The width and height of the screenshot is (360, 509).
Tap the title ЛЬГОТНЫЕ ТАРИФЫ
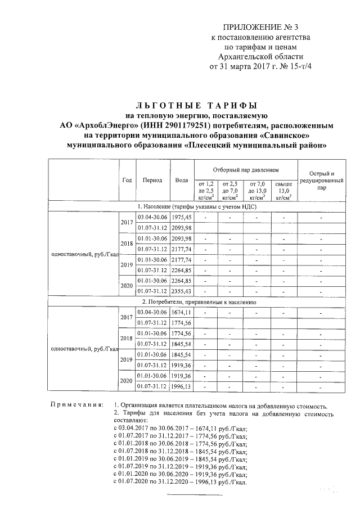point(197,105)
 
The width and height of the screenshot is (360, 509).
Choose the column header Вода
point(182,181)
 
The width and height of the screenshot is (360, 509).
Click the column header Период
point(152,181)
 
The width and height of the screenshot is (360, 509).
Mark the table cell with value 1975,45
point(182,217)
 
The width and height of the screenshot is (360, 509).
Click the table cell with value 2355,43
point(182,291)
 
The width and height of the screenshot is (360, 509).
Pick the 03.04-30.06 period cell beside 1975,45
point(152,217)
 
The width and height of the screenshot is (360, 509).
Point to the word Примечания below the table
point(76,405)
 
